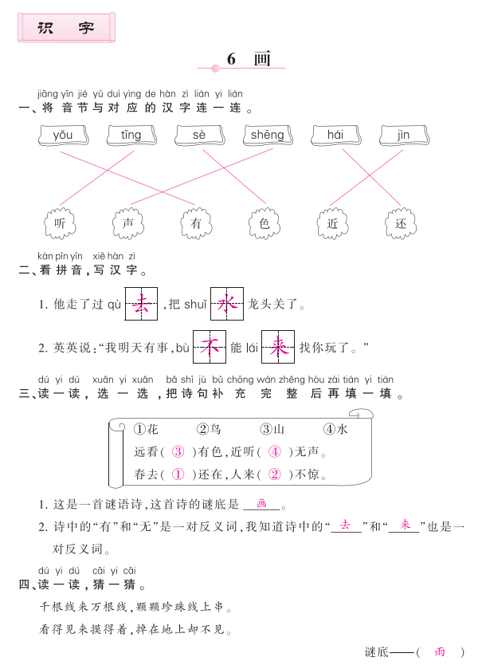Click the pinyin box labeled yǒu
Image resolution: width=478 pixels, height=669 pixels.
click(63, 136)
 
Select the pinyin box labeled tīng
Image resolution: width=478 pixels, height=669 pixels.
click(131, 136)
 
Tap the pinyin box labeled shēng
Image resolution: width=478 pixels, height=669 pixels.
click(268, 136)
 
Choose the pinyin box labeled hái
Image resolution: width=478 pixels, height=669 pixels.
click(336, 136)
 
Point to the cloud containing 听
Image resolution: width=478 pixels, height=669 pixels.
click(60, 223)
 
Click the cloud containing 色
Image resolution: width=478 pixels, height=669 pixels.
click(264, 223)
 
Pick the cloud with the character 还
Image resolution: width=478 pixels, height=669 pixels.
click(401, 223)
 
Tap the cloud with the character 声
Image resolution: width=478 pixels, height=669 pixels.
click(128, 223)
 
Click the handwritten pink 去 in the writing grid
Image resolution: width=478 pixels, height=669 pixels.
click(141, 304)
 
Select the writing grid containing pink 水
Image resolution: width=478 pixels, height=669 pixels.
click(227, 304)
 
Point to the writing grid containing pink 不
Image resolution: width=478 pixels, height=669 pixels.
click(210, 347)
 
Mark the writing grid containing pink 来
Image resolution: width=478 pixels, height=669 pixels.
click(278, 347)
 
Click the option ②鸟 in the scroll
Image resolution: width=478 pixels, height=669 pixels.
click(209, 429)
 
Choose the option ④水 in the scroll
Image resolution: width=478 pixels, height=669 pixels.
click(335, 429)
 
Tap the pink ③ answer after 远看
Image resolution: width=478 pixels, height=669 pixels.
click(178, 451)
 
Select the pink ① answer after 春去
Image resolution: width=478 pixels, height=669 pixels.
click(178, 474)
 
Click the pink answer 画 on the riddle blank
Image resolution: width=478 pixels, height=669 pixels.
click(261, 503)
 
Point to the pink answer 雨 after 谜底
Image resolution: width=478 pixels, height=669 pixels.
click(440, 651)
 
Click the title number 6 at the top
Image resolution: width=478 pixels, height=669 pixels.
click(231, 59)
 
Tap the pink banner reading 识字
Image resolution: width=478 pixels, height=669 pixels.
click(66, 28)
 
